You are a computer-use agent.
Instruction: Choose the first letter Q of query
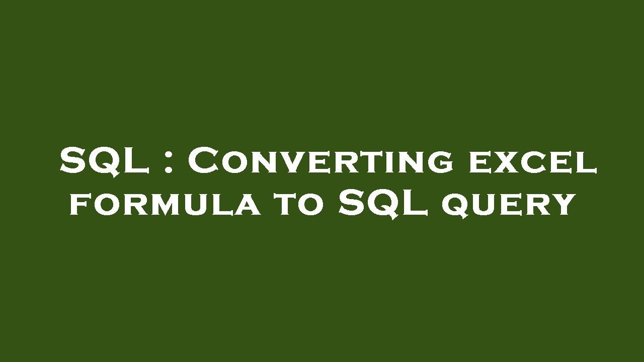coord(455,206)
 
